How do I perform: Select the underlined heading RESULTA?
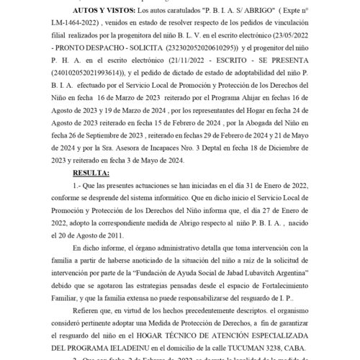(91, 174)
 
